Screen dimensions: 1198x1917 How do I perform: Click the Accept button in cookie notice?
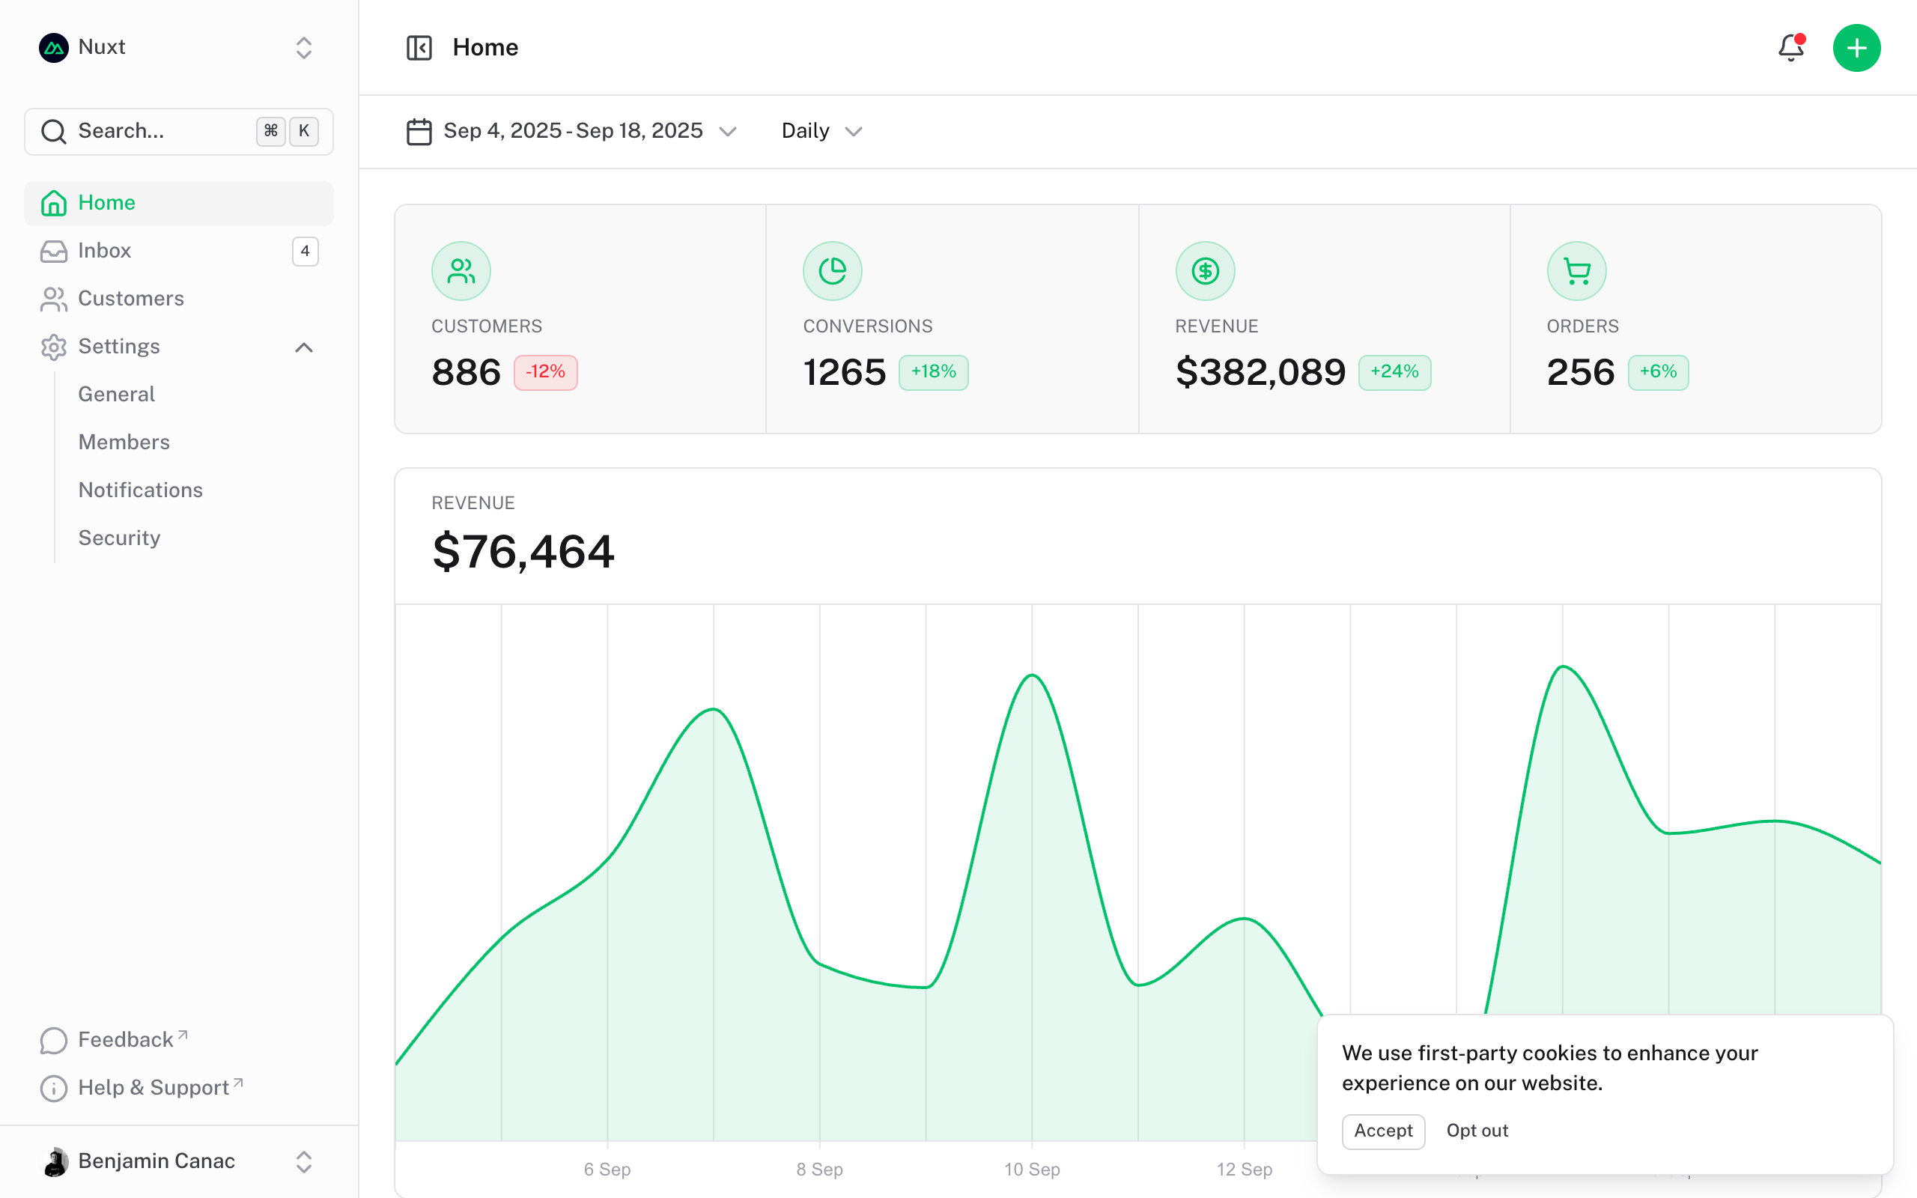[1383, 1131]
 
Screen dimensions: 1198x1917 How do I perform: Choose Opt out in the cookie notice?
[1477, 1131]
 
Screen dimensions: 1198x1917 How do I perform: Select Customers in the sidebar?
[131, 299]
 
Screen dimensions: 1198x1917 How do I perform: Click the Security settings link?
[119, 538]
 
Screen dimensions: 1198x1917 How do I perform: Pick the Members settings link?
[124, 442]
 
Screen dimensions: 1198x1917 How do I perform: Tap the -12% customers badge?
[545, 372]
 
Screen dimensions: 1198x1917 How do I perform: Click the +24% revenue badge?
[1394, 372]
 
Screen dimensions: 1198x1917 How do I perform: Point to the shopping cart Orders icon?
[1576, 271]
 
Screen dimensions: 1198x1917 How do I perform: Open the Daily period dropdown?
[821, 131]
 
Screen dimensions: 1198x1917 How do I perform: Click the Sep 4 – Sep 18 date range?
[572, 131]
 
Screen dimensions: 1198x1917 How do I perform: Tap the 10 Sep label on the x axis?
[1031, 1170]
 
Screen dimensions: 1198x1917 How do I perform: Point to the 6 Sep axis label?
[607, 1170]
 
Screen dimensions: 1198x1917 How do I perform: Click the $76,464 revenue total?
[523, 552]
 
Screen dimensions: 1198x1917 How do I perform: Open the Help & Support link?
[154, 1088]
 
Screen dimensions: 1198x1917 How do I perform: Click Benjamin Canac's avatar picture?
[55, 1161]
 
